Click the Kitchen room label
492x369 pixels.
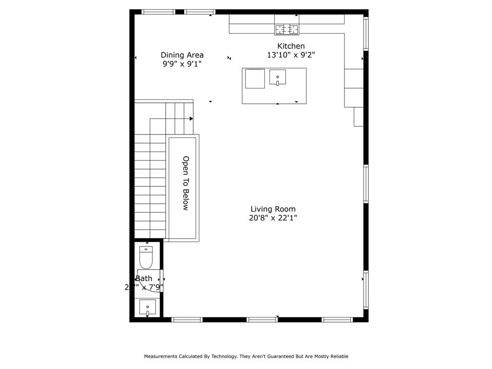291,46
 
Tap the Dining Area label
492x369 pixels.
182,55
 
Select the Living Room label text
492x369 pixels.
273,209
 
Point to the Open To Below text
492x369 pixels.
185,183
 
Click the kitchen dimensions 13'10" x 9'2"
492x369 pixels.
291,55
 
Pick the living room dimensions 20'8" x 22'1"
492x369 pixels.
273,218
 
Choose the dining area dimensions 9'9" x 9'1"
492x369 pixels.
182,64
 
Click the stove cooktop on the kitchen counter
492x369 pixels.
286,29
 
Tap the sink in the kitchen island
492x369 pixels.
278,77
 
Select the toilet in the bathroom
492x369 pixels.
146,258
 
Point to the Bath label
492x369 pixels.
144,279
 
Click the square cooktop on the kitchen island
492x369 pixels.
255,79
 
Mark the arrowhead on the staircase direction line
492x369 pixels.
191,119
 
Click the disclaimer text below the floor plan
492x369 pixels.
246,357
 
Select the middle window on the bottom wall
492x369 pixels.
262,320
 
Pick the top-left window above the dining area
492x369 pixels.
158,12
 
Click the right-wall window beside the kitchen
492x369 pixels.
366,34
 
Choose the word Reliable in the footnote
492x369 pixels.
338,357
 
